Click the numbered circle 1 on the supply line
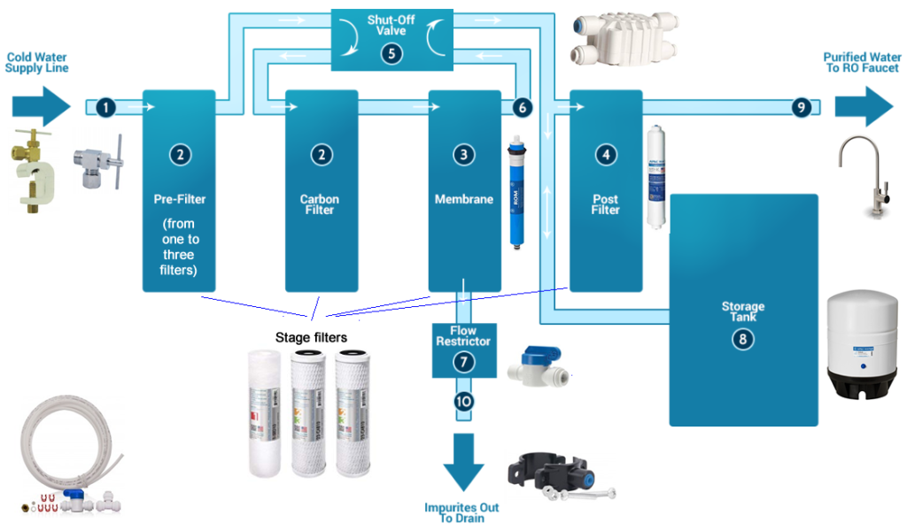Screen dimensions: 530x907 point(106,107)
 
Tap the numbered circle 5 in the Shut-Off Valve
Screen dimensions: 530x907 point(391,53)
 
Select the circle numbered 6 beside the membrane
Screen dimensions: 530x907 point(523,107)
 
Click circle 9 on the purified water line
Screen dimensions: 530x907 point(801,107)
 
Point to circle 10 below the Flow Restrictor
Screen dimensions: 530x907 point(463,401)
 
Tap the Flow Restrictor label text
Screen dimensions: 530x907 point(463,335)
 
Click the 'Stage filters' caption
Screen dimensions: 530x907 point(311,337)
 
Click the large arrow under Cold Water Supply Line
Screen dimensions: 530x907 point(41,106)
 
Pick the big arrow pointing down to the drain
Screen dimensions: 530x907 point(463,460)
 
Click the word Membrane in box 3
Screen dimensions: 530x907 point(463,199)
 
